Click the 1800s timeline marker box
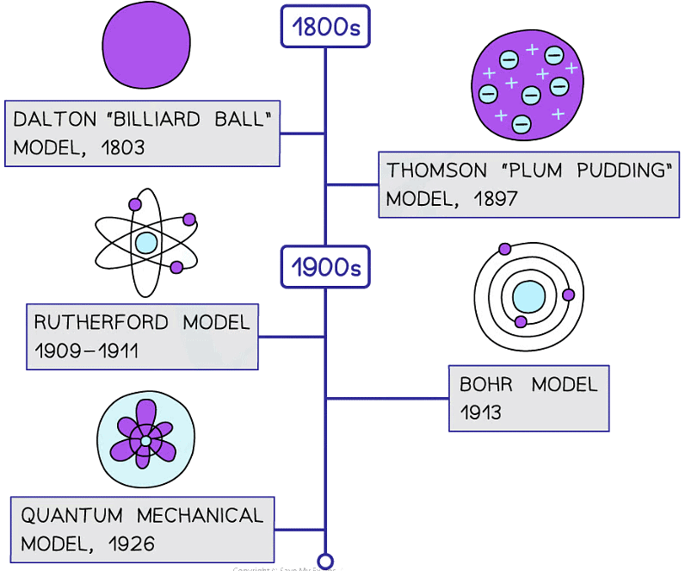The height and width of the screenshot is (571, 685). point(325,28)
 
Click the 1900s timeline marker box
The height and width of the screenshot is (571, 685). point(325,267)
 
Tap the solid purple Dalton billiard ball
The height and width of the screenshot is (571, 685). point(146,45)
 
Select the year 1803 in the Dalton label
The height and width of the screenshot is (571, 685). point(122,147)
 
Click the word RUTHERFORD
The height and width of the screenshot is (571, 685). point(102,322)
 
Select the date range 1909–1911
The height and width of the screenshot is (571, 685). point(86,351)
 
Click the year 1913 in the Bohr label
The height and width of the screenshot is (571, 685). point(480,413)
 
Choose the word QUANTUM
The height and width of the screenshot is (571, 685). point(71,515)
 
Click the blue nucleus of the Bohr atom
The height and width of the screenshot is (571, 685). point(528,298)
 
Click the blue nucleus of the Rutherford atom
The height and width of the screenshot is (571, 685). point(146,242)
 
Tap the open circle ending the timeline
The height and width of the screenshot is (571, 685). point(325,561)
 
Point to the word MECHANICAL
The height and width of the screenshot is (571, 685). point(200,515)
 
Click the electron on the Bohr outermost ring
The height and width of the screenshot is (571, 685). point(504,249)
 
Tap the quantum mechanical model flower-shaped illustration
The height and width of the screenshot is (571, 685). point(145,440)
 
